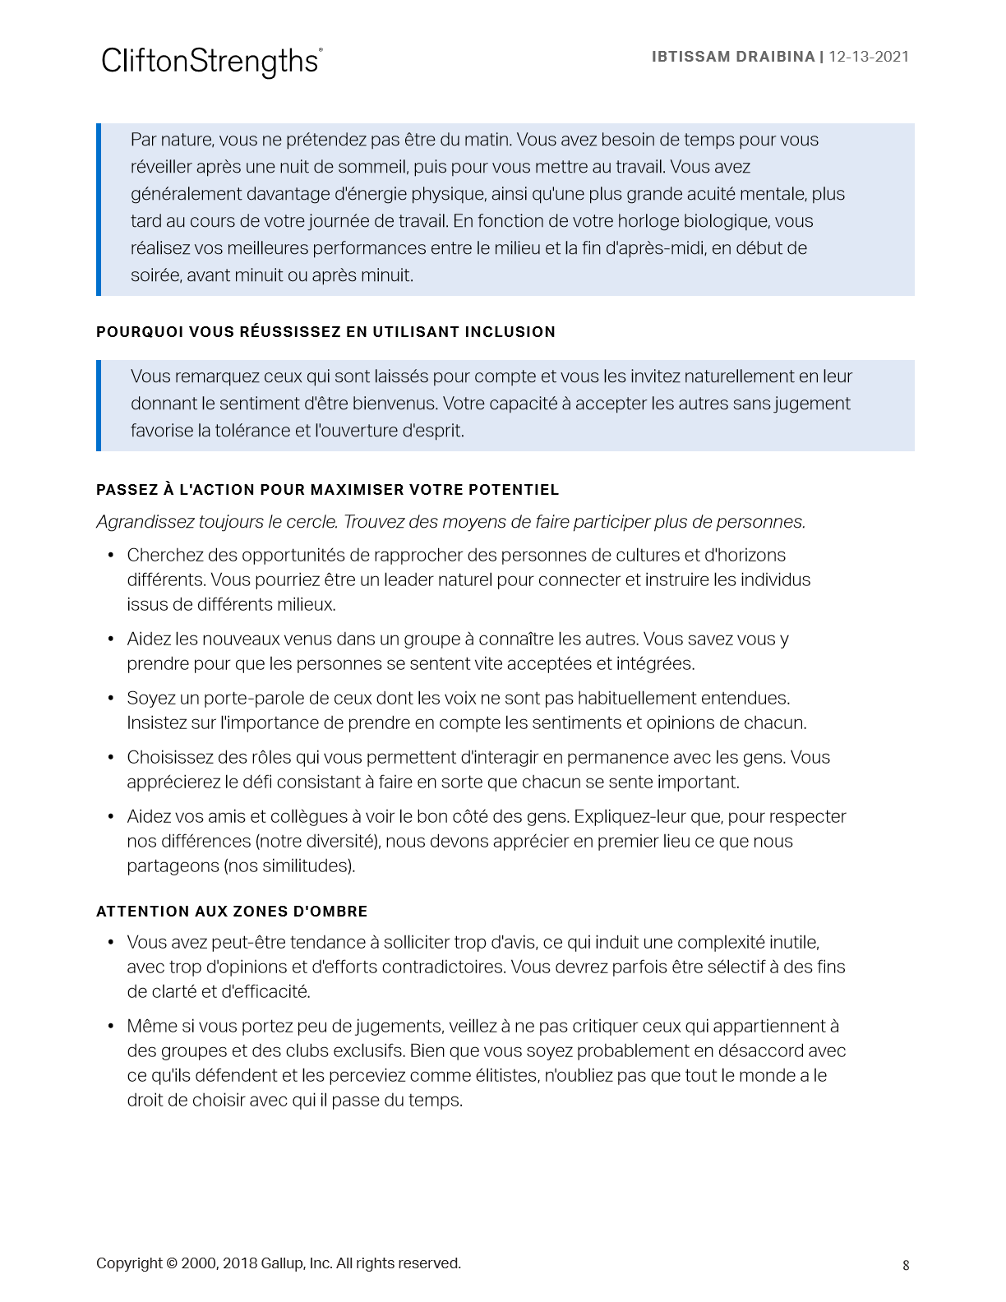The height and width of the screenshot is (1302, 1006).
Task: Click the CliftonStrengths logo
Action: (x=211, y=62)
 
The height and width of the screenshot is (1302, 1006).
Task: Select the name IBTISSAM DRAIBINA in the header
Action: (x=732, y=57)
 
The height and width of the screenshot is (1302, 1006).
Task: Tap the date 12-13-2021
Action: (x=869, y=57)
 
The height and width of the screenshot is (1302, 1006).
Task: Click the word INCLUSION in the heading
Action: (x=510, y=332)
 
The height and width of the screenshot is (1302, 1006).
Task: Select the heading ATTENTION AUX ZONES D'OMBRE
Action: (x=232, y=912)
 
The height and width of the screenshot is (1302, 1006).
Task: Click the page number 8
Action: (x=906, y=1265)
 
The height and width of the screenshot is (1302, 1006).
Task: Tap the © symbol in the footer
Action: (x=172, y=1263)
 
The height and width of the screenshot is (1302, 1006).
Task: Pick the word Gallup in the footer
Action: (x=282, y=1263)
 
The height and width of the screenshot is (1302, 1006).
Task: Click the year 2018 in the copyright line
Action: (x=239, y=1263)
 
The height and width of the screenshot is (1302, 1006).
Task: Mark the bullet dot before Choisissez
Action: (x=111, y=757)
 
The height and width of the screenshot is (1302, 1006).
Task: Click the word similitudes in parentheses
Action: (x=303, y=866)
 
